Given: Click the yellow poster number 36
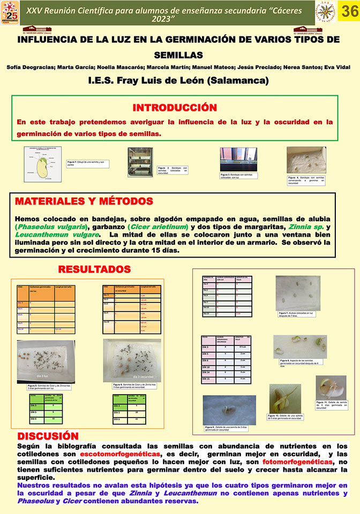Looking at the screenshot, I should coord(349,12).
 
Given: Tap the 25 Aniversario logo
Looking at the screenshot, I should coord(10,13).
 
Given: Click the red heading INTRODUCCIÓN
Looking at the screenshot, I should coord(175,107).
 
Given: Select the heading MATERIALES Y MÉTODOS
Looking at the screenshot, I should coord(84,201).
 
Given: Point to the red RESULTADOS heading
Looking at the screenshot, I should coord(94,269).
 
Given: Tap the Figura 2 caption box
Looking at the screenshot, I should coord(173,171).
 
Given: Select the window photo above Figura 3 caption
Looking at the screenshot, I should coord(238,158).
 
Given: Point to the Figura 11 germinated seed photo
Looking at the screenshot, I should coord(331,388).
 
